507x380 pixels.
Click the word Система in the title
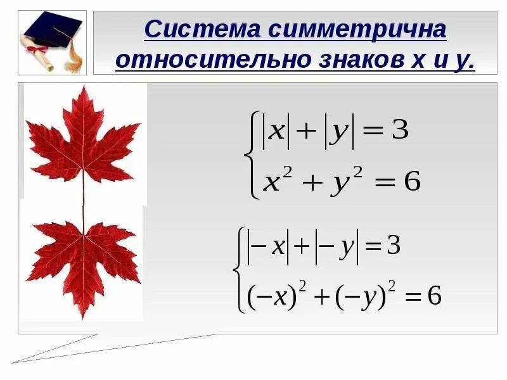click(202, 30)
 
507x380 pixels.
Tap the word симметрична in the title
click(357, 30)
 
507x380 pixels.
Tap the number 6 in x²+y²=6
click(412, 182)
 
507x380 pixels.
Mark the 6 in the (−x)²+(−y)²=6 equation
click(434, 296)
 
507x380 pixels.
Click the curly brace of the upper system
click(255, 155)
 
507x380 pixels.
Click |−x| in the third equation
click(269, 246)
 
